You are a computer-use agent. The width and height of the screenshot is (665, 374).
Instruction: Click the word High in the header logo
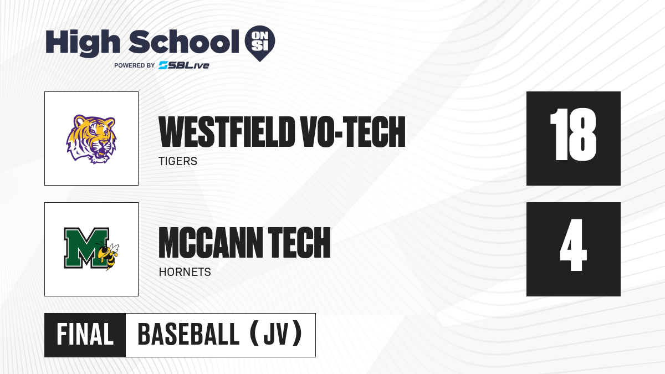[83, 43]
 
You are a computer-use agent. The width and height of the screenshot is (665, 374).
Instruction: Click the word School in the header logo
[184, 42]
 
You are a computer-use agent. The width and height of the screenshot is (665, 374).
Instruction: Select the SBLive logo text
[184, 65]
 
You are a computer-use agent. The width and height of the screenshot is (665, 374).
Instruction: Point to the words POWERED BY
[135, 65]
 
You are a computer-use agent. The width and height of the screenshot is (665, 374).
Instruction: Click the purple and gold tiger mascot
[91, 139]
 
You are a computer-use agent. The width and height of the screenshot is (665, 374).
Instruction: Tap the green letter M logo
[86, 248]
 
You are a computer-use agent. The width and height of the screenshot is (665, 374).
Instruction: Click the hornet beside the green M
[108, 255]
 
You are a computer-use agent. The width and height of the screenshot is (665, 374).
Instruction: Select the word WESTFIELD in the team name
[227, 132]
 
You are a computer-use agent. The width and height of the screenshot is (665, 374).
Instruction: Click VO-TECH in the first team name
[353, 132]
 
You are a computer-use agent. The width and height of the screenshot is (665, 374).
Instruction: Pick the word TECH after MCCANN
[300, 243]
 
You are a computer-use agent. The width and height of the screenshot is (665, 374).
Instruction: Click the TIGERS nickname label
[178, 161]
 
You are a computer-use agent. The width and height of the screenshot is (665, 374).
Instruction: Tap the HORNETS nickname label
[185, 272]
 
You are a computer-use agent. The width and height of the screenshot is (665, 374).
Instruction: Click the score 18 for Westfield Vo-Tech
[573, 135]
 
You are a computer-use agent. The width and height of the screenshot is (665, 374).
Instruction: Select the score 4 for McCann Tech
[573, 245]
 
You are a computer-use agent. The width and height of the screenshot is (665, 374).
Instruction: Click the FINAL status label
[85, 335]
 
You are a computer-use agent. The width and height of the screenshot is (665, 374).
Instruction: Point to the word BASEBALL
[188, 335]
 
